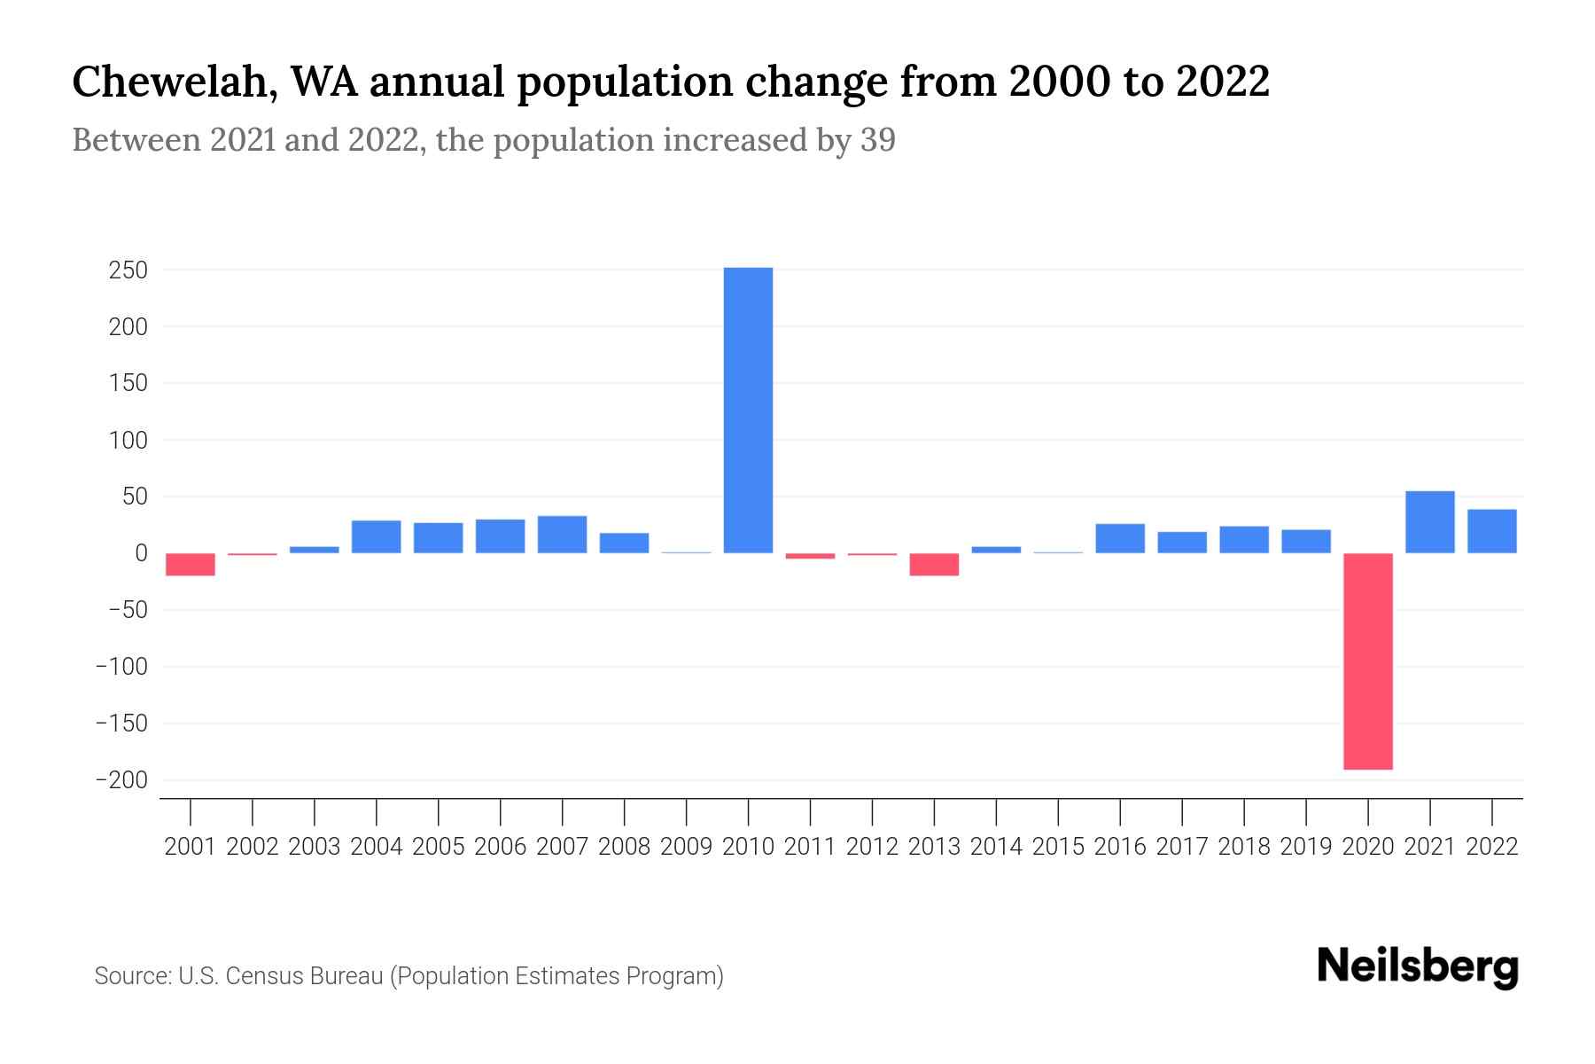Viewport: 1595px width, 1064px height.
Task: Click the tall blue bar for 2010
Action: click(x=748, y=410)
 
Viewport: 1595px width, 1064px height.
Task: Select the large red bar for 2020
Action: click(x=1368, y=661)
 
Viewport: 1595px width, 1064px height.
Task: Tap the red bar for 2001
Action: click(x=191, y=564)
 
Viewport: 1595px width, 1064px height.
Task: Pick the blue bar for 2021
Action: click(x=1430, y=522)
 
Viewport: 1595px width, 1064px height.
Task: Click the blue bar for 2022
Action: click(x=1492, y=531)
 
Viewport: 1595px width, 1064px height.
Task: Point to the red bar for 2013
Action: click(x=934, y=564)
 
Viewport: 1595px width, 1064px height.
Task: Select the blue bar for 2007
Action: click(x=562, y=535)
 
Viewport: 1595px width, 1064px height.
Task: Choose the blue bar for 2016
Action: click(x=1120, y=538)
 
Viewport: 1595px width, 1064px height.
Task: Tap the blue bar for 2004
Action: click(x=377, y=536)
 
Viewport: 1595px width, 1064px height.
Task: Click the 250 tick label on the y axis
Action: click(x=128, y=270)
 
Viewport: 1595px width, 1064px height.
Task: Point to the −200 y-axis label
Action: click(x=121, y=780)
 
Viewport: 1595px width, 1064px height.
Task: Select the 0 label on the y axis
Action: click(x=141, y=553)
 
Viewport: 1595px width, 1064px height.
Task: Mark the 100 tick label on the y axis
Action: click(x=128, y=441)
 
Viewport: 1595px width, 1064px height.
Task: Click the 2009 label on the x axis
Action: click(x=687, y=847)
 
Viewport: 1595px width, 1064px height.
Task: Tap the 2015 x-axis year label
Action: click(x=1058, y=847)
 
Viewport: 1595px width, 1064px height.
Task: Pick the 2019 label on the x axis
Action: click(x=1306, y=847)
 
